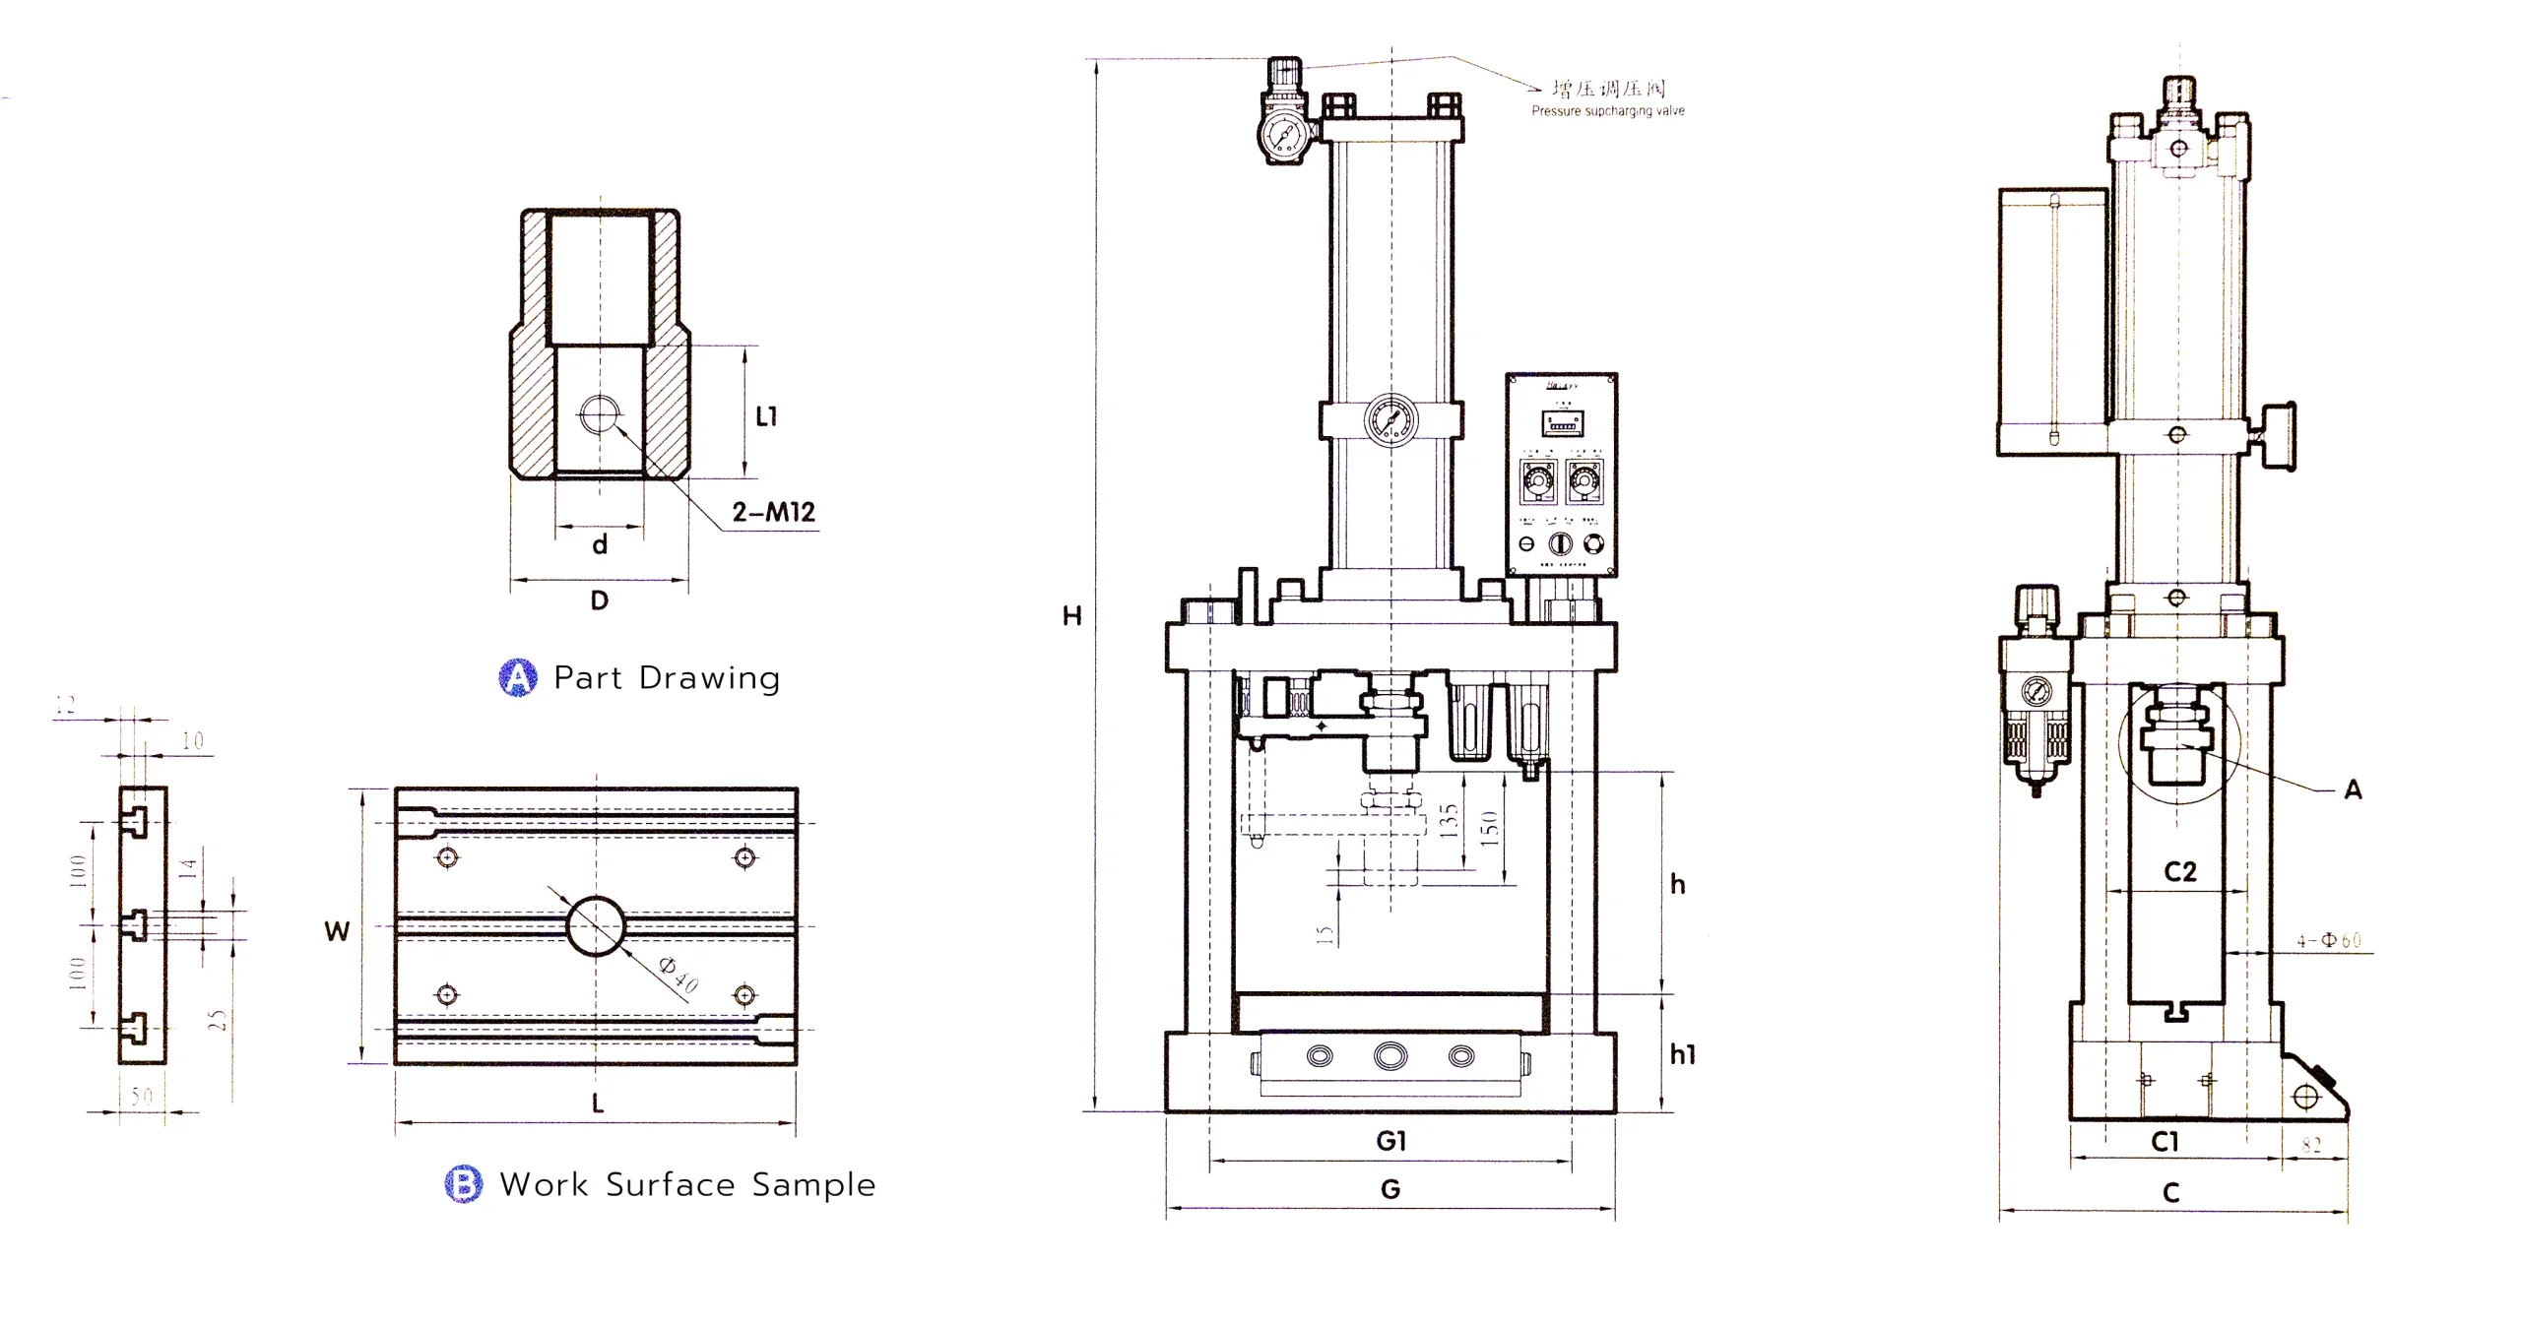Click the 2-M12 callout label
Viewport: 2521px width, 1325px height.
tap(773, 512)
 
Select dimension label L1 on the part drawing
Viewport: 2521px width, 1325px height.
tap(766, 416)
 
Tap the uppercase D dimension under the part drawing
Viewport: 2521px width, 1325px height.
tap(599, 600)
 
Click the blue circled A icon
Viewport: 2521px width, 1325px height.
tap(518, 677)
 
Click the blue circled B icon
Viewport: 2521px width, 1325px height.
tap(464, 1183)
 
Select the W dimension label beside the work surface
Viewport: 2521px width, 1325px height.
tap(337, 931)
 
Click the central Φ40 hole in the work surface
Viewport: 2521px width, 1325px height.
tap(596, 925)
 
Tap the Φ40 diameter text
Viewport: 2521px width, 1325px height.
tap(679, 975)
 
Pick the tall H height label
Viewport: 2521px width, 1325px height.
tap(1071, 616)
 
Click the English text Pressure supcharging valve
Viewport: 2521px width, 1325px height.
tap(1607, 111)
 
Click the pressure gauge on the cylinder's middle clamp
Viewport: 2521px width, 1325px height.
tap(1390, 420)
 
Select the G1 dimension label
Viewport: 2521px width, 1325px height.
tap(1390, 1141)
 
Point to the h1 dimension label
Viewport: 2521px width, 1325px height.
tap(1682, 1055)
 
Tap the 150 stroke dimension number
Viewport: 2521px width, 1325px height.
tap(1489, 828)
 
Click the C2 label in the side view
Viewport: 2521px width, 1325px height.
tap(2180, 872)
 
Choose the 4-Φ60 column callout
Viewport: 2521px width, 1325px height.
tap(2329, 940)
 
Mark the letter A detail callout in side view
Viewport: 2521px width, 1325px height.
tap(2353, 789)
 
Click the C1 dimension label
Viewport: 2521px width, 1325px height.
tap(2165, 1142)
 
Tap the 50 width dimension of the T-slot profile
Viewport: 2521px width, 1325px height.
tap(142, 1096)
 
